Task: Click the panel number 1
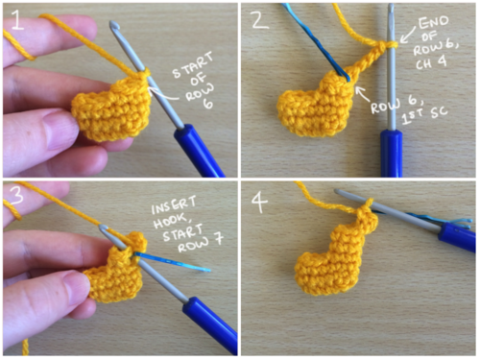tap(17, 20)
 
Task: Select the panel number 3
tap(16, 195)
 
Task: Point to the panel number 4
tap(260, 203)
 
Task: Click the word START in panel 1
tap(193, 65)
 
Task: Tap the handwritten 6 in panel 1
tap(208, 103)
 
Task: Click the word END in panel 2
tap(434, 23)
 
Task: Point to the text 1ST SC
tap(424, 115)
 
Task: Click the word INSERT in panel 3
tap(174, 205)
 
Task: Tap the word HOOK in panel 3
tap(170, 221)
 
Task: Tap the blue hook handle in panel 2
tap(392, 154)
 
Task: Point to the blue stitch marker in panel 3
tap(172, 262)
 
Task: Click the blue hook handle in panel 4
tap(457, 238)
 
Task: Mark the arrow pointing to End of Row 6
tap(408, 35)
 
